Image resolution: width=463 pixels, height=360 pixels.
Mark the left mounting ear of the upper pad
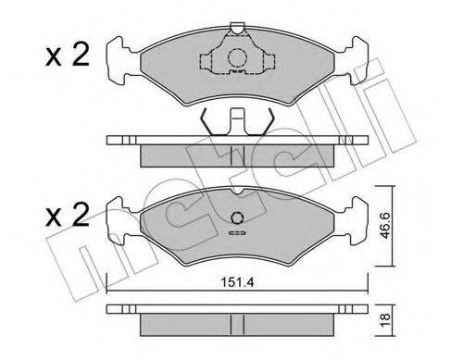pos(118,58)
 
